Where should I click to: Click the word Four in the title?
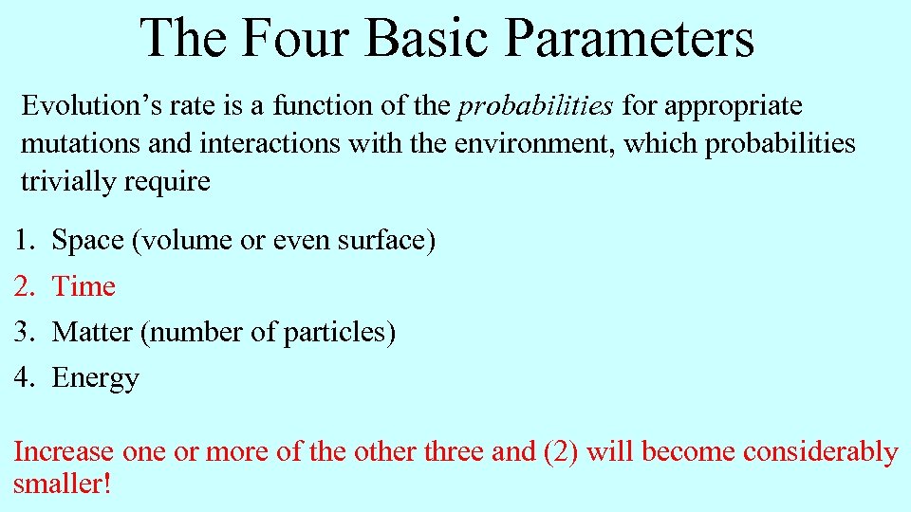pos(295,38)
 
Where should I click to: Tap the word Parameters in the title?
pos(629,38)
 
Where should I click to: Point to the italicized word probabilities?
pos(535,106)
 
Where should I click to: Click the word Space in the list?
pos(89,241)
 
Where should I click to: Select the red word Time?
pos(84,286)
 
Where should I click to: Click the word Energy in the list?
pos(95,378)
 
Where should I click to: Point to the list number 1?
pos(23,241)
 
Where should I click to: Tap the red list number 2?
pos(23,286)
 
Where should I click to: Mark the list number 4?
pos(23,378)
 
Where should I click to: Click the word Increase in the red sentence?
pos(64,452)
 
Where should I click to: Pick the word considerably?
pos(820,452)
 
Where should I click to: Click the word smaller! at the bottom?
pos(63,485)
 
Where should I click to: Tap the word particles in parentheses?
pos(336,332)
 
